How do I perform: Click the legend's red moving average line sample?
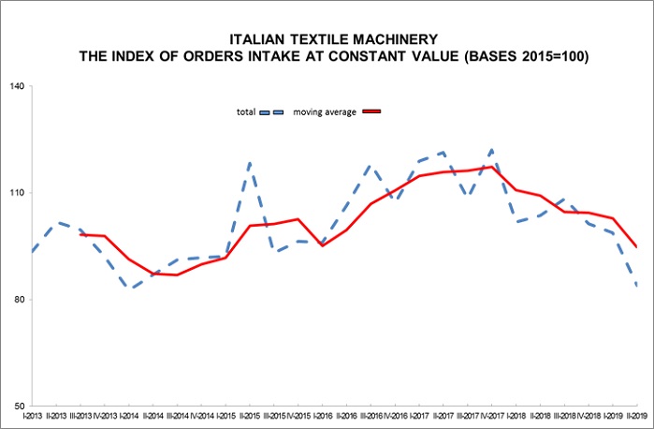tap(372, 111)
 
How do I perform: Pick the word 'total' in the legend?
tap(246, 112)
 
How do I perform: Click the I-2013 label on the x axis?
tap(33, 416)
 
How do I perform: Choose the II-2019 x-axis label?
tap(636, 416)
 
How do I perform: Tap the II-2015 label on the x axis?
tap(250, 416)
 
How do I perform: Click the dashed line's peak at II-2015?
tap(250, 163)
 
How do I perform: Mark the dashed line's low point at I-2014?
tap(129, 288)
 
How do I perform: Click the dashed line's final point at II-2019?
tap(637, 285)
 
